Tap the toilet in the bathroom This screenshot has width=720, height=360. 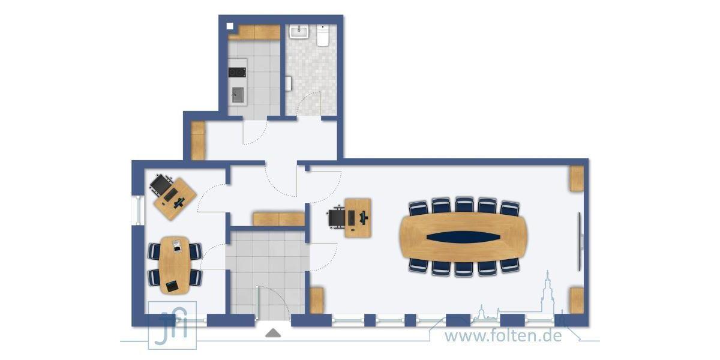323,35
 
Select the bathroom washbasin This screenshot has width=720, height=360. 298,31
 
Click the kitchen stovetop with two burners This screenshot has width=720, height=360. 237,73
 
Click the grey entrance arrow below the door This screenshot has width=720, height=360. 274,332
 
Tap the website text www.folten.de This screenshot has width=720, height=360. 503,335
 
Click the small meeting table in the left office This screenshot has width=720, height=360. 175,265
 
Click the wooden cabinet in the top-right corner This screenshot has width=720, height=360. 577,178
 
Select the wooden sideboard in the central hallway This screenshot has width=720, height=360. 278,218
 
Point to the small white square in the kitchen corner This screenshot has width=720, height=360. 230,26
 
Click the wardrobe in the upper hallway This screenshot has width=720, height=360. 198,140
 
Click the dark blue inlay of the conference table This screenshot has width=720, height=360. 463,236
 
